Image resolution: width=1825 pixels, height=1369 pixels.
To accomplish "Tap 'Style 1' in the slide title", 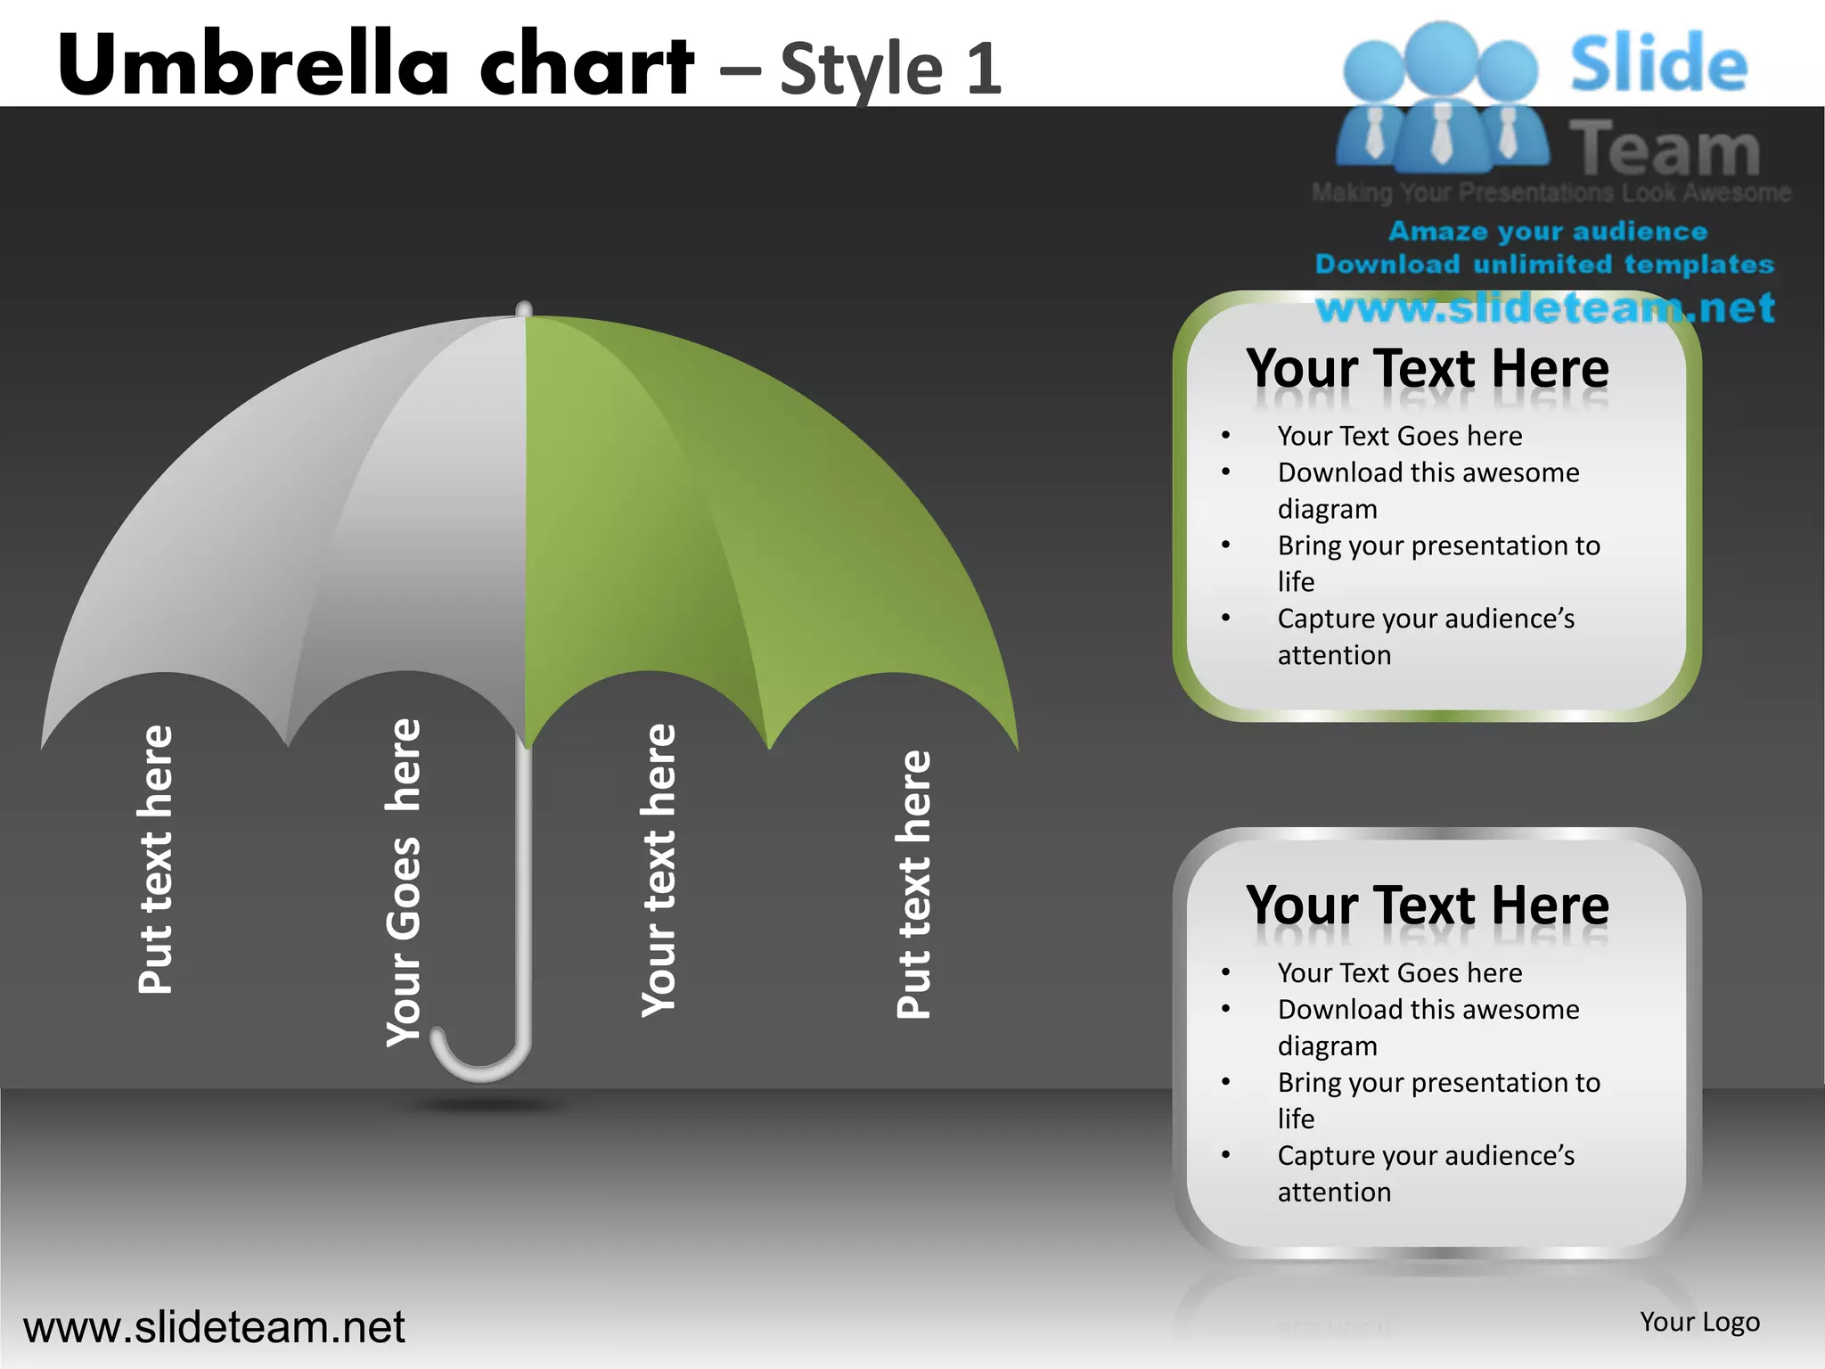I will pos(890,69).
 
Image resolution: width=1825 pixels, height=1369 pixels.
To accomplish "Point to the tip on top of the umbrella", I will pos(524,308).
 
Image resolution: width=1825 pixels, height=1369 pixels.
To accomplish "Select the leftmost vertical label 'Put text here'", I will pos(156,859).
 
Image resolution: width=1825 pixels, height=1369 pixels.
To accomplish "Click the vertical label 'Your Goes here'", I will pos(404,882).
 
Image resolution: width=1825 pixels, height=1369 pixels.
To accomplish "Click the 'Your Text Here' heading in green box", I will pos(1428,368).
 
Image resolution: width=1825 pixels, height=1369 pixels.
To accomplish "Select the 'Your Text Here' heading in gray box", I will pos(1428,905).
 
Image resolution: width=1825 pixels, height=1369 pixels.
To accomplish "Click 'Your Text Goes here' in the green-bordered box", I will pos(1399,436).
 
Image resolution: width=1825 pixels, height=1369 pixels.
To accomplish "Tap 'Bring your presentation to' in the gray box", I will pos(1438,1082).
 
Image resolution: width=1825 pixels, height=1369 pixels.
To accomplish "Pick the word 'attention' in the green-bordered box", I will pos(1334,655).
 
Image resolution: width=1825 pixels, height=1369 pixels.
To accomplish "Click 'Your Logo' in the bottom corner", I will pos(1699,1322).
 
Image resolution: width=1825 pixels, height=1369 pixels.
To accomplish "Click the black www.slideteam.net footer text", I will pos(214,1327).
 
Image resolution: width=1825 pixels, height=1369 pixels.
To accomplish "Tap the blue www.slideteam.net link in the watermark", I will pos(1545,308).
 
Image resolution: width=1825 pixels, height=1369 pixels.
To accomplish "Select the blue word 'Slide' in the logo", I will pos(1658,64).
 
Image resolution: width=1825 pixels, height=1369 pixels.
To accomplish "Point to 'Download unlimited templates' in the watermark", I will pos(1544,265).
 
